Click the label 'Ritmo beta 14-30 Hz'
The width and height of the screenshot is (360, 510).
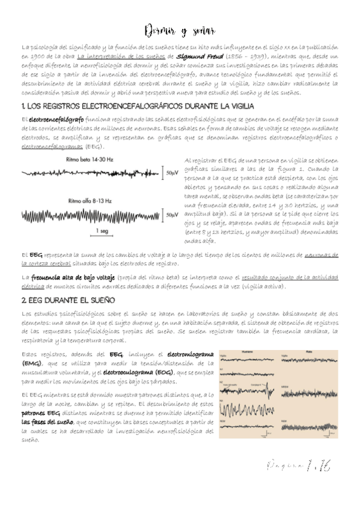90,159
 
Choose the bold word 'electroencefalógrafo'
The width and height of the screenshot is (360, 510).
56,120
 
